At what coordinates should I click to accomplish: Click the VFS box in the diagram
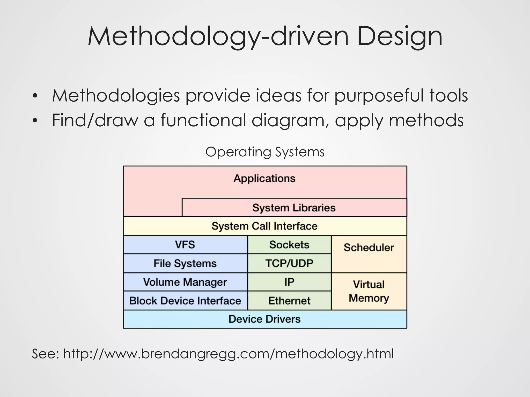(x=185, y=245)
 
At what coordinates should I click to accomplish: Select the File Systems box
(x=185, y=263)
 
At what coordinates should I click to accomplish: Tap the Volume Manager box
(x=185, y=282)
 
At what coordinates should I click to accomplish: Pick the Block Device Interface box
(x=185, y=301)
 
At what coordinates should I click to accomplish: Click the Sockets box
(x=289, y=245)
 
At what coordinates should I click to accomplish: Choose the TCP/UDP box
(x=289, y=263)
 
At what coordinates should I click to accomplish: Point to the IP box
(x=289, y=282)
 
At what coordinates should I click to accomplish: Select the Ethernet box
(x=289, y=301)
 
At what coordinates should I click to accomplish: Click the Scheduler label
(x=369, y=248)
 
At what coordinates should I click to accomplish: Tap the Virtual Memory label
(x=369, y=291)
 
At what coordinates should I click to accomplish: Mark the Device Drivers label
(x=264, y=319)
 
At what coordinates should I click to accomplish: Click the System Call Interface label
(x=264, y=226)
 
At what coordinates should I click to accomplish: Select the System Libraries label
(x=294, y=208)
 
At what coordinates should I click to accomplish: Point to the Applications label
(x=264, y=178)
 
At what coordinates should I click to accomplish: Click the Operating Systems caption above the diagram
(x=265, y=152)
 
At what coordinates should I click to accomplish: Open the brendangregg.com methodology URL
(x=228, y=354)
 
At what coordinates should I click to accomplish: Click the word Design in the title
(x=400, y=37)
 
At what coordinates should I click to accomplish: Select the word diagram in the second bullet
(x=290, y=120)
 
